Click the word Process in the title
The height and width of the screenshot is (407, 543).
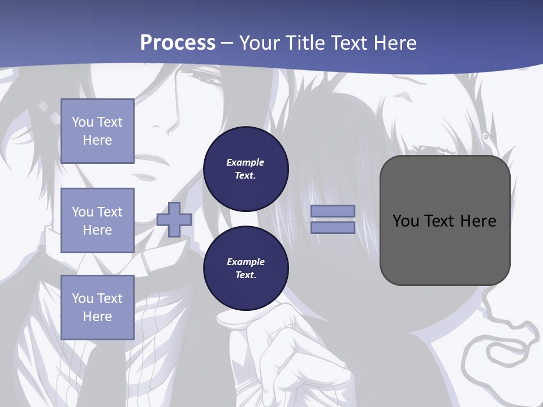click(178, 43)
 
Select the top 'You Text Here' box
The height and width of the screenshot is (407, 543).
click(97, 131)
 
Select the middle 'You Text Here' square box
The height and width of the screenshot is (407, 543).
click(97, 220)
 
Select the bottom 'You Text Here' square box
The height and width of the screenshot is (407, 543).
click(97, 307)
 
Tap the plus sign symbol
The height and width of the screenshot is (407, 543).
click(174, 219)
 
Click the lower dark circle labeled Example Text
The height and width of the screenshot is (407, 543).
click(245, 268)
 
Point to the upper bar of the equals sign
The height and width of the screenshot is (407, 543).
click(333, 211)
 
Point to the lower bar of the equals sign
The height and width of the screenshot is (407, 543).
click(333, 227)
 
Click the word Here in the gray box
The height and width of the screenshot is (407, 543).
click(478, 221)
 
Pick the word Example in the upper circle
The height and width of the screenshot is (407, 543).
click(245, 162)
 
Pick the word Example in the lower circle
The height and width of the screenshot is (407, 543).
click(245, 262)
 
